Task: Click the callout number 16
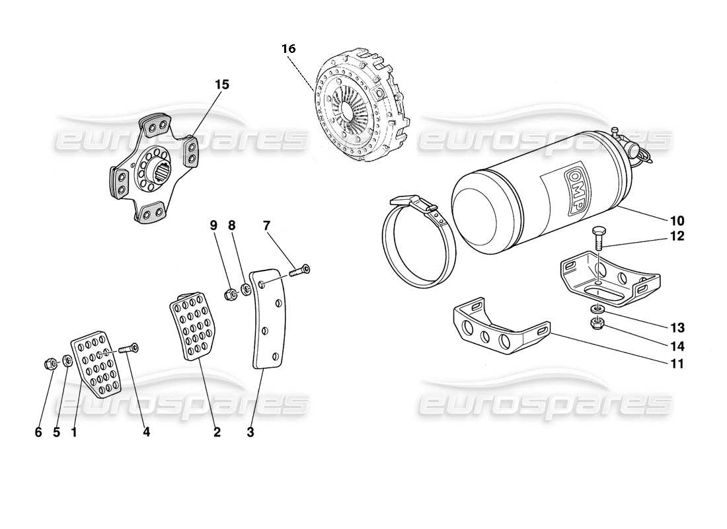coord(287,49)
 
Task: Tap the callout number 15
coord(221,85)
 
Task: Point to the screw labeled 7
coord(300,270)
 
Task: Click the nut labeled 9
coord(231,294)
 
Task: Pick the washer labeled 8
coord(246,290)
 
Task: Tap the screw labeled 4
coord(128,348)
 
